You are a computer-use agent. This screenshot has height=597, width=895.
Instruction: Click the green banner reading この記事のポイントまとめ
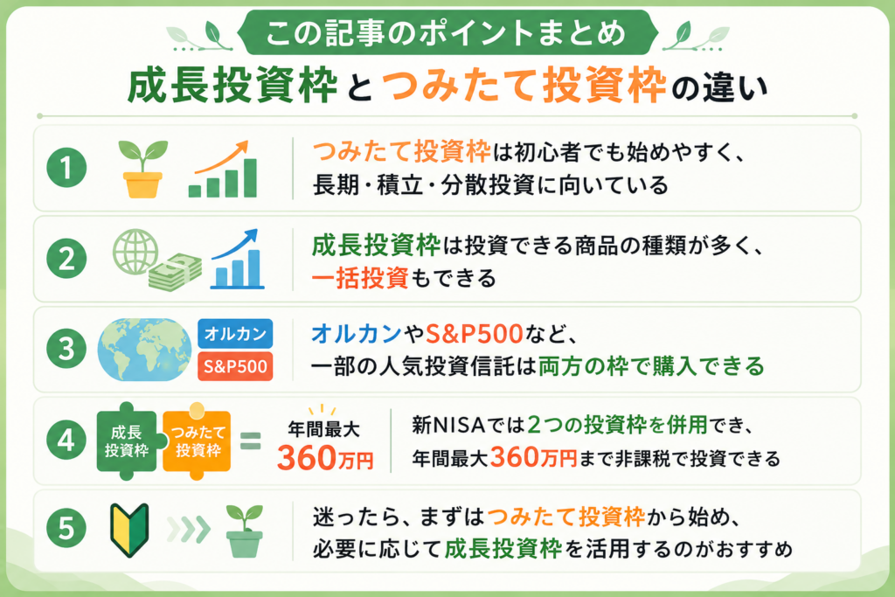click(447, 32)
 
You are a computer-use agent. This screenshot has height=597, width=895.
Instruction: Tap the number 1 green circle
click(66, 167)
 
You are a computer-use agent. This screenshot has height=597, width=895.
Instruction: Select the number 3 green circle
click(66, 349)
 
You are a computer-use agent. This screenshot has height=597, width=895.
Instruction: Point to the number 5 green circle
click(66, 527)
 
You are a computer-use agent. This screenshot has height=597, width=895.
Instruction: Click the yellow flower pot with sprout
click(142, 169)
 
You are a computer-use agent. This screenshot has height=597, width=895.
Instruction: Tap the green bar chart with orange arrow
click(223, 169)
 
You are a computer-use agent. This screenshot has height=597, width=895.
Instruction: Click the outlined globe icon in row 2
click(135, 252)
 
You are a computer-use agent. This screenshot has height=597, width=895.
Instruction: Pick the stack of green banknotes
click(175, 272)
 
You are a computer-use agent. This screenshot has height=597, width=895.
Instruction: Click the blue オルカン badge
click(235, 333)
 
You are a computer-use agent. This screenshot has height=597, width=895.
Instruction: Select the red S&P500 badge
click(235, 366)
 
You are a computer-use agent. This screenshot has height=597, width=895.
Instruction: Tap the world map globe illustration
click(144, 350)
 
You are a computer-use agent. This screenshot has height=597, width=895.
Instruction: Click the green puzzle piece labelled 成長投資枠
click(127, 441)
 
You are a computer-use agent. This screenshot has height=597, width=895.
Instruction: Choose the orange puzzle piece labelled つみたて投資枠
click(198, 441)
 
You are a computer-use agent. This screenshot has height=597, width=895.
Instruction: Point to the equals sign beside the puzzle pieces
click(250, 441)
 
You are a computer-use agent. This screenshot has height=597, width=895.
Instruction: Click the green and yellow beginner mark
click(129, 530)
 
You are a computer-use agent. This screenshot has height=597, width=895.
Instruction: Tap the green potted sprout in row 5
click(245, 531)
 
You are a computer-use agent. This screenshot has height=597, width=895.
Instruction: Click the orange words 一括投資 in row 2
click(360, 279)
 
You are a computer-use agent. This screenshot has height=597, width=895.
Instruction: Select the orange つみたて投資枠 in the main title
click(524, 86)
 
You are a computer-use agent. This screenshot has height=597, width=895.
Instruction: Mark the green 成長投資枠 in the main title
click(232, 86)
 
